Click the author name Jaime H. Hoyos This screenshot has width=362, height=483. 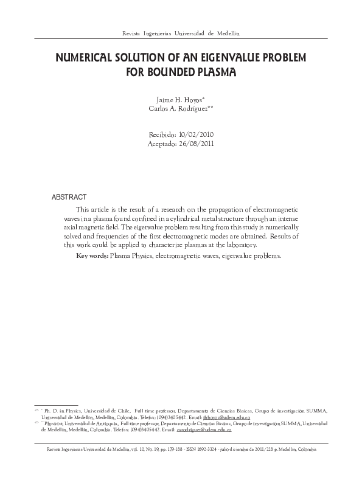coord(179,98)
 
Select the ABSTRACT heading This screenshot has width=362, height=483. coord(69,198)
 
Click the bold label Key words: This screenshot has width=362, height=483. coord(92,256)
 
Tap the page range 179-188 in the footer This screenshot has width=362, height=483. coord(175,449)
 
